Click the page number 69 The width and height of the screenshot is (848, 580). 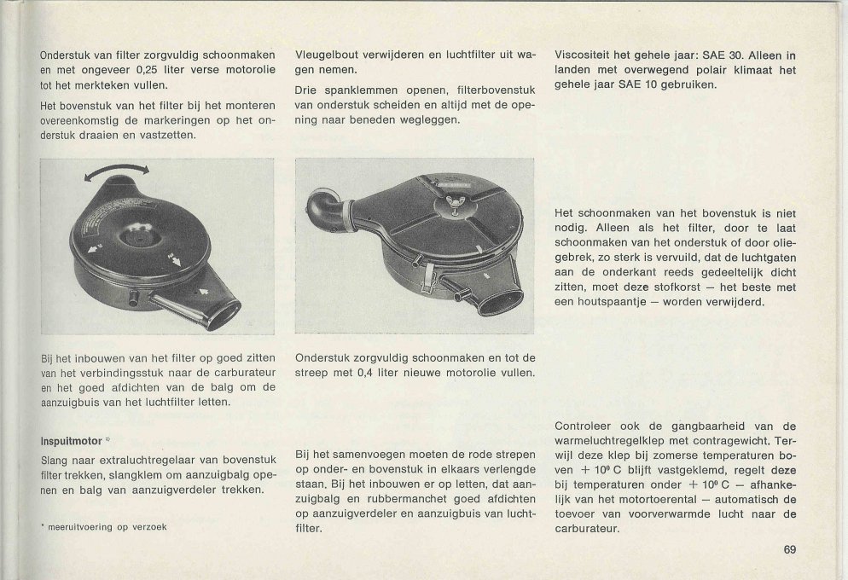point(790,550)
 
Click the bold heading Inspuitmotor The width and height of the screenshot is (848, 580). point(72,441)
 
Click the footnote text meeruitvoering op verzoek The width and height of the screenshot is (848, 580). point(107,527)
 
